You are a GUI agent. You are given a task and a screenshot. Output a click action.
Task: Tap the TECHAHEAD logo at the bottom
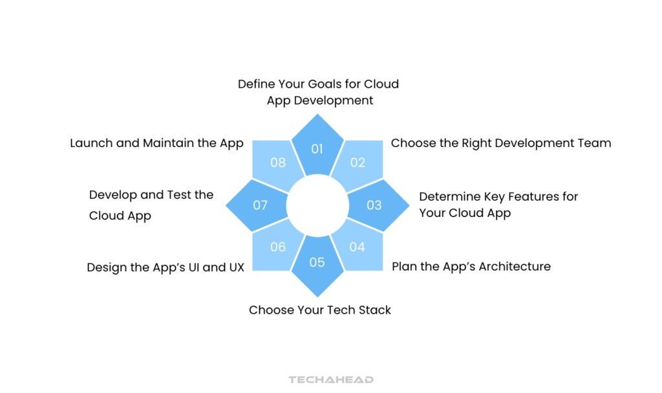(331, 379)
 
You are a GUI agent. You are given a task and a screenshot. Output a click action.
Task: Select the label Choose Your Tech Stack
(319, 310)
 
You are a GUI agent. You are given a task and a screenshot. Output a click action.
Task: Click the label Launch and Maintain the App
(156, 143)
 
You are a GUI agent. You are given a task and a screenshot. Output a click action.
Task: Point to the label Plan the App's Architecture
(471, 267)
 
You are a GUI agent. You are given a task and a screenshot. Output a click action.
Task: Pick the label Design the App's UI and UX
(165, 267)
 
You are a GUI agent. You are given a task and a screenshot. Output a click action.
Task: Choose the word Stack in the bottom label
(374, 310)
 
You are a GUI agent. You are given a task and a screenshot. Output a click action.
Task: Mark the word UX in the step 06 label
(237, 267)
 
